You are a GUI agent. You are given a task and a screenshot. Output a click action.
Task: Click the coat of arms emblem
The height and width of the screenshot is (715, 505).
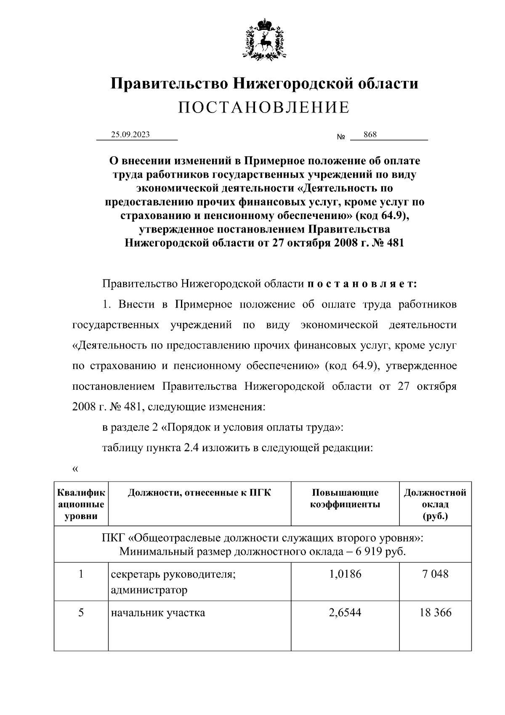click(x=264, y=39)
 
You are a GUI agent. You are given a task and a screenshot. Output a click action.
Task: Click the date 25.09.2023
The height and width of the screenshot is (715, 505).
click(x=130, y=135)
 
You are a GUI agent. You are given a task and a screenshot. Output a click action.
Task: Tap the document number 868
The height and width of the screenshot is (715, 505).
click(x=370, y=134)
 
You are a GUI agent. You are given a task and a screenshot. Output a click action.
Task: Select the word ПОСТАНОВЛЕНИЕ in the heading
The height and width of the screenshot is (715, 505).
click(x=264, y=107)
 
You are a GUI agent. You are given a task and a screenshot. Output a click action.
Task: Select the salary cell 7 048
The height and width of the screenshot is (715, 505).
click(x=435, y=574)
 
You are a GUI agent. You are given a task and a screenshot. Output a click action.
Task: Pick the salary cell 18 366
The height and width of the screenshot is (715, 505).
click(x=435, y=612)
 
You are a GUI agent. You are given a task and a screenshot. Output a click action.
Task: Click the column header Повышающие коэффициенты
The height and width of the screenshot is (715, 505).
click(x=345, y=498)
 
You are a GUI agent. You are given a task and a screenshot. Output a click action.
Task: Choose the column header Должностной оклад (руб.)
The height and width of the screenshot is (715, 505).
click(x=435, y=504)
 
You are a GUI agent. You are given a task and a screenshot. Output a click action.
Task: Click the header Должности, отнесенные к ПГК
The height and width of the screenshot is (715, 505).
click(x=199, y=493)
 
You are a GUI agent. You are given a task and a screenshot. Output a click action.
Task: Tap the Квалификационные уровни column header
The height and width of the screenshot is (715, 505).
click(x=81, y=504)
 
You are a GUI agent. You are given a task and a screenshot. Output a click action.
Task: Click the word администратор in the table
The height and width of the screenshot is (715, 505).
click(x=149, y=590)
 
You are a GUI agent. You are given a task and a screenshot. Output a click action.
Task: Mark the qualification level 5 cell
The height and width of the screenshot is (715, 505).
click(x=81, y=612)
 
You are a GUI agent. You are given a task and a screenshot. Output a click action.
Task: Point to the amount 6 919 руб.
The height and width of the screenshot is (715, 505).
click(x=381, y=552)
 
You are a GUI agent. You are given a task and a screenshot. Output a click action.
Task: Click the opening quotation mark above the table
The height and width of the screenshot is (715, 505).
click(x=75, y=469)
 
